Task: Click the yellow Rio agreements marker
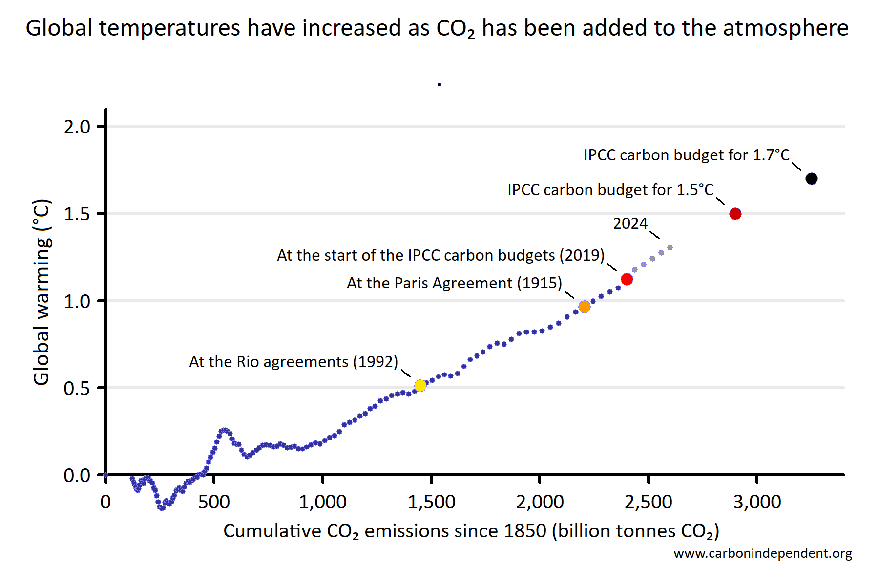click(420, 386)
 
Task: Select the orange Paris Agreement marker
click(584, 307)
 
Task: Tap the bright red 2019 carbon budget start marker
click(627, 279)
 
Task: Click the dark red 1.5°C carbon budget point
click(735, 214)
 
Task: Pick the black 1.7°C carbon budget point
click(811, 179)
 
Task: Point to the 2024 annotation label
click(630, 223)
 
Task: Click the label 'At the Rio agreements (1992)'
click(293, 362)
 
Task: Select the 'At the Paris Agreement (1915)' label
click(454, 283)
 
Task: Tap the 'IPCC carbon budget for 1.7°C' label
click(687, 155)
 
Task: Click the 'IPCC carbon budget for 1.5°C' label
click(610, 190)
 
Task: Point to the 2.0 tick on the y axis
click(77, 127)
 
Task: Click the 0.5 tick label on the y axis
click(77, 388)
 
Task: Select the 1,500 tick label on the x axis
click(431, 502)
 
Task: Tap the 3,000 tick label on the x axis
click(757, 502)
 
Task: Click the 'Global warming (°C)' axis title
click(42, 292)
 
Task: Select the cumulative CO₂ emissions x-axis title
click(471, 531)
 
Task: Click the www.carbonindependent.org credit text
click(763, 553)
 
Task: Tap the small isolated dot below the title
click(439, 85)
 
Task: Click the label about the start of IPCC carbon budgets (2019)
click(440, 255)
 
